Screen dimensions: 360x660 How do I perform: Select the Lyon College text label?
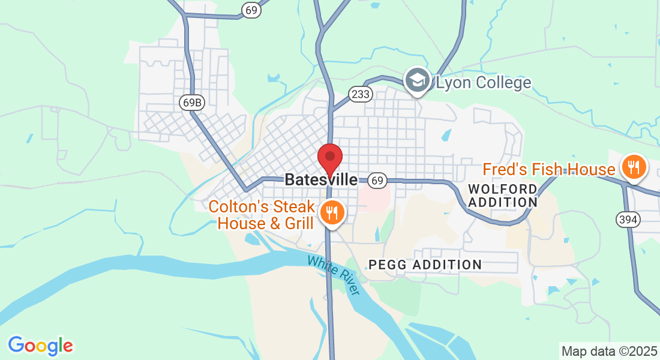pyautogui.click(x=484, y=82)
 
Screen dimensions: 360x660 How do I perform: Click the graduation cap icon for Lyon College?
pyautogui.click(x=417, y=80)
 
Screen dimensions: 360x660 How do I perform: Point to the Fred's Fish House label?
pyautogui.click(x=549, y=170)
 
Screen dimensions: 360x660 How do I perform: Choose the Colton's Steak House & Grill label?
pyautogui.click(x=262, y=215)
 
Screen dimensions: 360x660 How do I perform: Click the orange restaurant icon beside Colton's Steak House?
pyautogui.click(x=331, y=212)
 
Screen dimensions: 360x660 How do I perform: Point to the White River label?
pyautogui.click(x=333, y=275)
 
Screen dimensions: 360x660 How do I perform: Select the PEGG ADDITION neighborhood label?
pyautogui.click(x=425, y=265)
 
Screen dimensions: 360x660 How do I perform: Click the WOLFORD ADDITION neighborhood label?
pyautogui.click(x=503, y=196)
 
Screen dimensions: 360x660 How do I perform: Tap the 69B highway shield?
pyautogui.click(x=192, y=103)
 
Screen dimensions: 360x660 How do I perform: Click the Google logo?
pyautogui.click(x=40, y=345)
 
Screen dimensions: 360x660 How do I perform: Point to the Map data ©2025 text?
pyautogui.click(x=609, y=351)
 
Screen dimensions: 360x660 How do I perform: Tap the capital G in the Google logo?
pyautogui.click(x=16, y=345)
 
